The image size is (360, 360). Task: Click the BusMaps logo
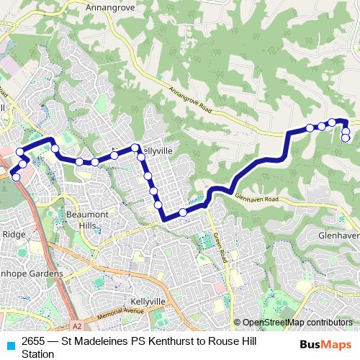coord(325,343)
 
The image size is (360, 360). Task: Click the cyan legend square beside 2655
coord(10,344)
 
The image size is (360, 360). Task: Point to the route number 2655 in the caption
coord(35,342)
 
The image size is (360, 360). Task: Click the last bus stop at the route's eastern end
coord(346,138)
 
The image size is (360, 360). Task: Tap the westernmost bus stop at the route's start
coord(17,176)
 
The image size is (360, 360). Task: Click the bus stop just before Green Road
coord(183,212)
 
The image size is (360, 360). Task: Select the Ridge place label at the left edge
coord(13,234)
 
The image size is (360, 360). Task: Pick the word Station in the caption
coord(38,354)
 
